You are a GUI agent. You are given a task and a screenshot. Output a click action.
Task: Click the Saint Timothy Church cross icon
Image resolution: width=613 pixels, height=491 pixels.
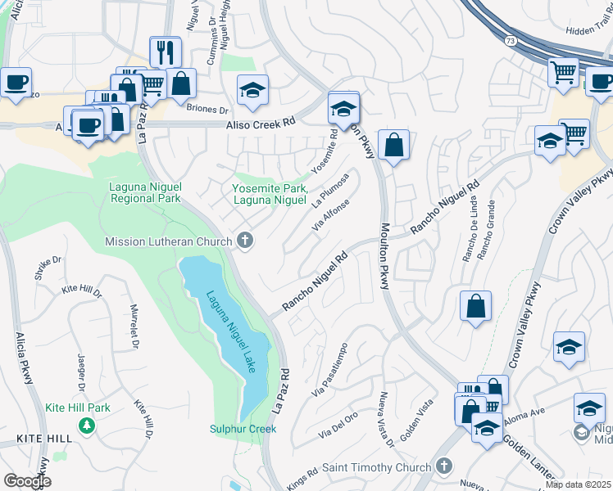coord(443,467)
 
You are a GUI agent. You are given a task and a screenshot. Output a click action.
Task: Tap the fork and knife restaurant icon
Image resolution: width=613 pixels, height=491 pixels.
coord(166,52)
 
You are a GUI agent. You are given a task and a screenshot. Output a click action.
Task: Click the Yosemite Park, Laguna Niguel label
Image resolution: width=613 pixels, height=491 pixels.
coord(269,193)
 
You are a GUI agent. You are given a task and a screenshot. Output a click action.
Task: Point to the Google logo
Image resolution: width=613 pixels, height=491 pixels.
coord(27,481)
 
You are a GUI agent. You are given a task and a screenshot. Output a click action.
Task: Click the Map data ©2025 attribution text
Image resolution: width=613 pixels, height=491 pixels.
coord(578,484)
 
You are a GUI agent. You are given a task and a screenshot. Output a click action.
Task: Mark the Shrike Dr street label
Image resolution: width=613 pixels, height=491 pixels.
coord(48,268)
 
